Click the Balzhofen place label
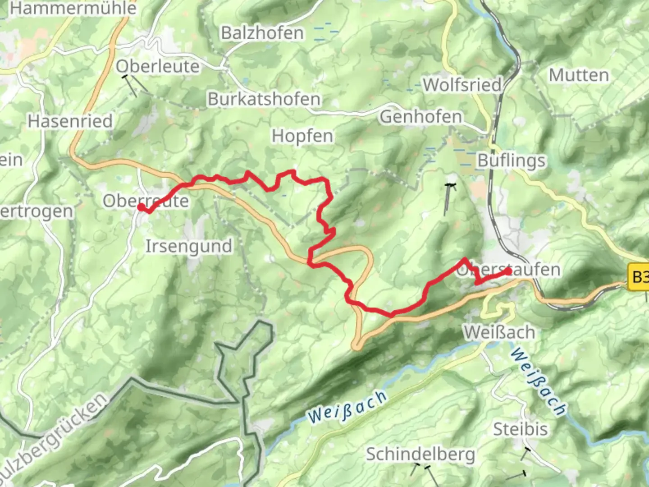click(x=262, y=33)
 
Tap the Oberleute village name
click(x=157, y=66)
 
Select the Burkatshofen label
click(x=264, y=99)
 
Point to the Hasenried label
click(x=70, y=121)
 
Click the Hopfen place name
click(x=302, y=136)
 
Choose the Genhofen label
click(x=421, y=116)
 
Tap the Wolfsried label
click(x=462, y=84)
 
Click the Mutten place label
click(x=579, y=75)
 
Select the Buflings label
click(x=512, y=161)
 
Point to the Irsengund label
click(x=189, y=246)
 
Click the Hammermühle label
click(x=73, y=8)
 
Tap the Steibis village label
click(x=521, y=429)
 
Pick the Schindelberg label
click(x=420, y=454)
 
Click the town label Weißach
click(x=499, y=332)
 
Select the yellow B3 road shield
click(x=639, y=277)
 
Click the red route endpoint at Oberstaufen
click(x=508, y=271)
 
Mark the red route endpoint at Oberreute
click(x=141, y=207)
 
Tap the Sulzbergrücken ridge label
click(x=54, y=437)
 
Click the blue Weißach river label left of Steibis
click(x=347, y=407)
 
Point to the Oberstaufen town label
click(x=508, y=270)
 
